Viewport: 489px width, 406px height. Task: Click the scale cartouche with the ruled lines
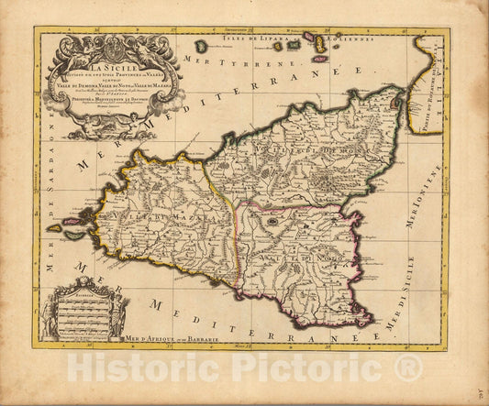pyautogui.click(x=87, y=317)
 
